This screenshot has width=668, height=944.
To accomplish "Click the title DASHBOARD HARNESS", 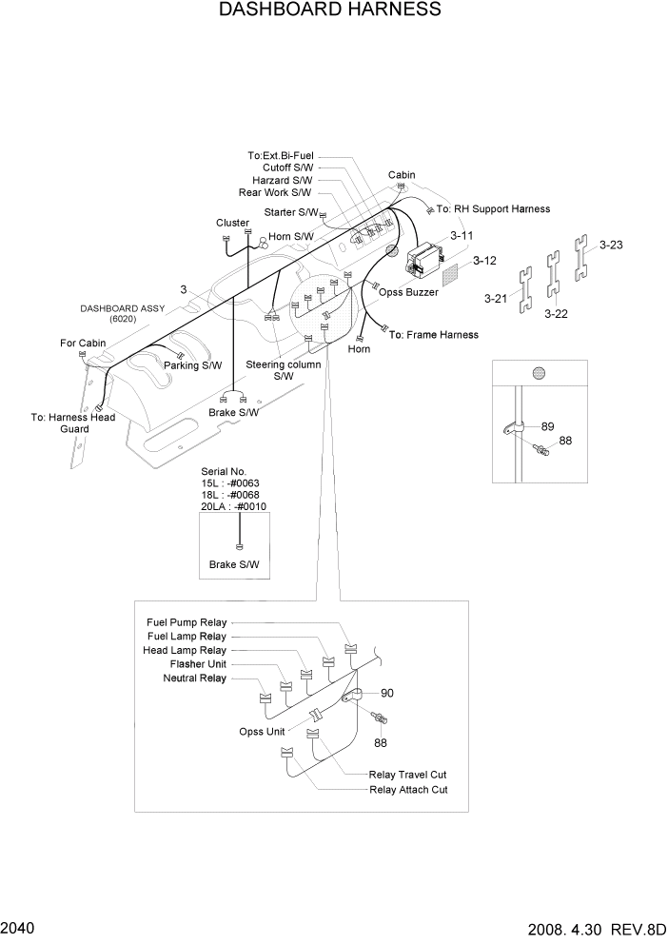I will click(x=330, y=10).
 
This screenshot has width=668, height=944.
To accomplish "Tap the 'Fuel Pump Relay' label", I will click(x=187, y=622).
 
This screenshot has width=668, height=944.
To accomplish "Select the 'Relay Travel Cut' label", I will click(x=407, y=776).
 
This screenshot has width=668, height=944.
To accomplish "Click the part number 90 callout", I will click(x=386, y=693).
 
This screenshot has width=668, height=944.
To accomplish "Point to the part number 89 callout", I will click(x=547, y=426).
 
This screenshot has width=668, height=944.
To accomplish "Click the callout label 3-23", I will click(x=610, y=245).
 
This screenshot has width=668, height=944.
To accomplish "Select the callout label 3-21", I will click(x=496, y=299).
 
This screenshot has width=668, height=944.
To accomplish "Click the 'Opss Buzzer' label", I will click(x=408, y=292).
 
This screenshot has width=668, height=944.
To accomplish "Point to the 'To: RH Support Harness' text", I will click(x=493, y=208).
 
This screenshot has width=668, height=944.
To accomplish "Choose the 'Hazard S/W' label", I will click(x=282, y=180).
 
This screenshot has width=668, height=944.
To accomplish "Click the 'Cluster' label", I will click(x=232, y=223).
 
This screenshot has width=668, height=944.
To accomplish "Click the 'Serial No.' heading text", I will click(x=224, y=471).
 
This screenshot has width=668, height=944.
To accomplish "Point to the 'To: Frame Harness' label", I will click(x=433, y=335).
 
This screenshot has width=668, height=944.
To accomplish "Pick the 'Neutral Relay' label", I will click(x=195, y=678).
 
